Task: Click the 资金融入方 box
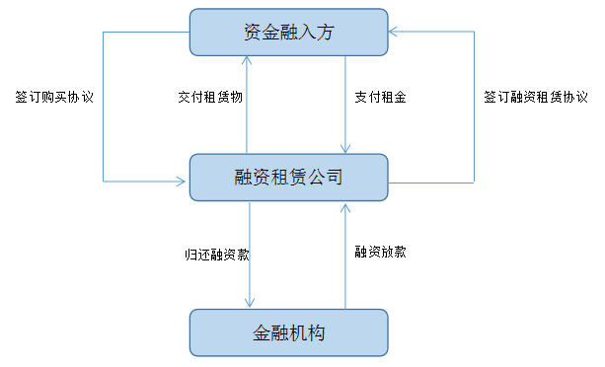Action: tap(288, 32)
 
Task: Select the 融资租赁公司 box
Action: tap(288, 178)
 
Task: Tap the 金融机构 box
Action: tap(288, 332)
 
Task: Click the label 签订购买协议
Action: tap(54, 97)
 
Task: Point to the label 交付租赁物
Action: tap(210, 97)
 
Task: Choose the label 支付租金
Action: tap(380, 97)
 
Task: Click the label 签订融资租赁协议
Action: tap(536, 97)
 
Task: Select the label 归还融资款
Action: tap(217, 255)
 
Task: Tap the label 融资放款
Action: tap(380, 252)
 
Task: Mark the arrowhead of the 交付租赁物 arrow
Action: tap(247, 59)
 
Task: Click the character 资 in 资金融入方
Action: tap(252, 32)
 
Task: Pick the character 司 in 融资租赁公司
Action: tap(335, 178)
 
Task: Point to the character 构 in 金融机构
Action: tap(317, 332)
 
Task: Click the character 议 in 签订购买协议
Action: tap(87, 97)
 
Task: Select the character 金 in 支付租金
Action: tap(400, 97)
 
